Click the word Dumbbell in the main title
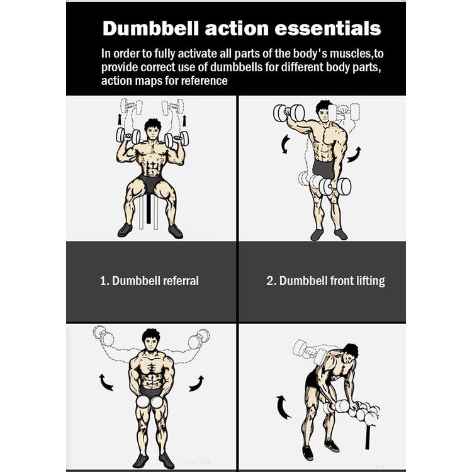click(150, 28)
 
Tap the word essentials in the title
click(328, 28)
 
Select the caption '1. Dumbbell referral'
click(149, 281)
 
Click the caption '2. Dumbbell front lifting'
click(326, 281)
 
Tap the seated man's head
click(153, 129)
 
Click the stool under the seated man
click(149, 211)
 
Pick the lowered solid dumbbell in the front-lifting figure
click(334, 187)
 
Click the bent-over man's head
click(350, 354)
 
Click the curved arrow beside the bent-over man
click(283, 407)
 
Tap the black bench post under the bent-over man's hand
click(368, 436)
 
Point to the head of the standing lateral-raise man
click(151, 340)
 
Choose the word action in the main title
click(237, 28)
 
